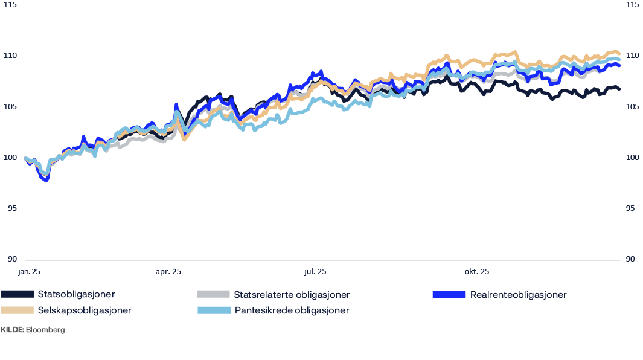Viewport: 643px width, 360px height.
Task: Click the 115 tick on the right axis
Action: tap(632, 5)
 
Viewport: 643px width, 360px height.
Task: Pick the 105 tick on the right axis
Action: tap(632, 107)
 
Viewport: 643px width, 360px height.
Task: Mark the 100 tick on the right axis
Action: tap(632, 158)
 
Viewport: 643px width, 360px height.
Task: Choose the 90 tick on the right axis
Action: tap(630, 259)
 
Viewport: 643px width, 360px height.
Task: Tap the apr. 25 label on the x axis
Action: tap(168, 272)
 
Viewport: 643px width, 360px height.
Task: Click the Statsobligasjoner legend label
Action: tap(76, 295)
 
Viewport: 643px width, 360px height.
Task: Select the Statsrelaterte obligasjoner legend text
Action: tap(292, 295)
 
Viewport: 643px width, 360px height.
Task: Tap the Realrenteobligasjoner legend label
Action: tap(518, 295)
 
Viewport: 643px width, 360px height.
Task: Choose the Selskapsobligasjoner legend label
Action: tap(84, 310)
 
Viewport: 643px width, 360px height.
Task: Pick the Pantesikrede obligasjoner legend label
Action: tap(292, 310)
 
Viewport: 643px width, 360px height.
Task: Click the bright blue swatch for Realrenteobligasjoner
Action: tap(449, 295)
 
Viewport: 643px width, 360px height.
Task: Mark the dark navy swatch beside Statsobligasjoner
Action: tap(17, 295)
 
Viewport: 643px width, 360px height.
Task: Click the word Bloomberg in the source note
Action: tap(45, 330)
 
